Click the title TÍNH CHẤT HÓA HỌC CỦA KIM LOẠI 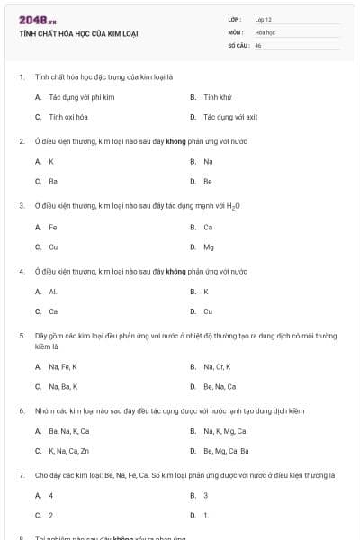tap(79, 34)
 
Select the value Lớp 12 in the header tap(263, 19)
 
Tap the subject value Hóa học tap(265, 31)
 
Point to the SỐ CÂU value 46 tap(258, 44)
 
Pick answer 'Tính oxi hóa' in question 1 tap(68, 117)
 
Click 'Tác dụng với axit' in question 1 tap(230, 117)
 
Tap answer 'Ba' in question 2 tap(53, 182)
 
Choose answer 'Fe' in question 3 tap(53, 227)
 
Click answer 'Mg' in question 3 tap(209, 247)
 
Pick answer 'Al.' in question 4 tap(53, 292)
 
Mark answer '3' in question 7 tap(206, 495)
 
